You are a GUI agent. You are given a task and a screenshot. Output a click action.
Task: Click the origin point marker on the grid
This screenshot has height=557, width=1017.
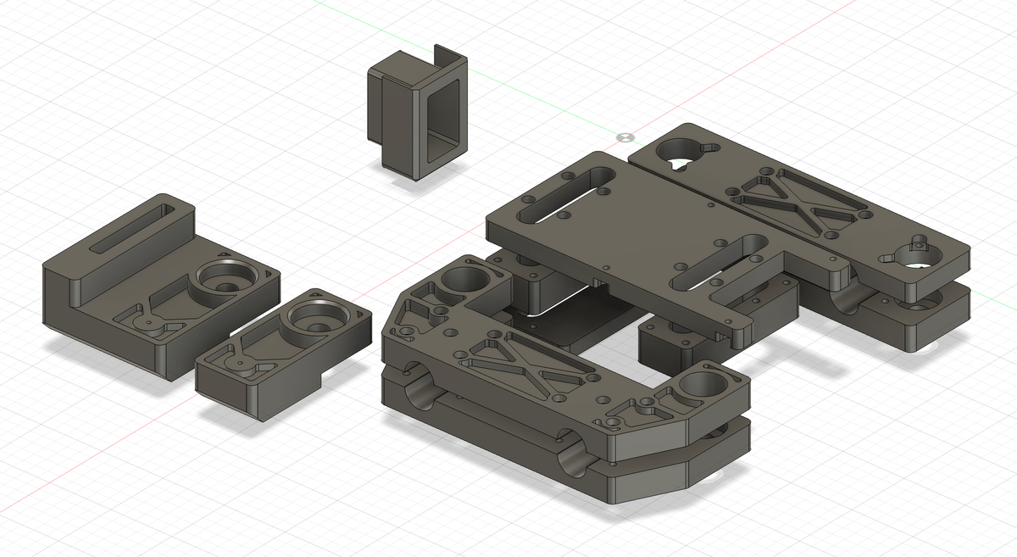(x=625, y=136)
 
